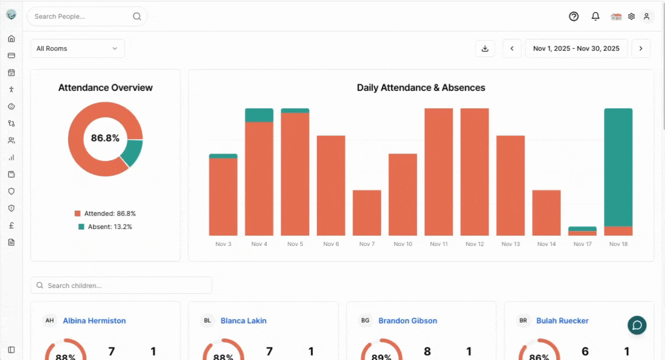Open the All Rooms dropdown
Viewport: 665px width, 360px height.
77,48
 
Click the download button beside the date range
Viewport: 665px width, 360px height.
484,48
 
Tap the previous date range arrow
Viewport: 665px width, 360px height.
512,48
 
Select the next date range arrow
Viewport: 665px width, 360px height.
641,48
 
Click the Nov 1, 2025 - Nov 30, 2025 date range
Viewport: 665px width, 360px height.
576,48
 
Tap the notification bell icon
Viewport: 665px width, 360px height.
595,16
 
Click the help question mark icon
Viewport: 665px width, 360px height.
573,16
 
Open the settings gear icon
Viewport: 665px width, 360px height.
631,16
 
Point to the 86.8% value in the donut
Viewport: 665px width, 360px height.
105,138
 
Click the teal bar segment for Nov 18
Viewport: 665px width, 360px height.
618,167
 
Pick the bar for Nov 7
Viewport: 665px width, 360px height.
367,212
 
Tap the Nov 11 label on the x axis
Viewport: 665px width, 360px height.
438,244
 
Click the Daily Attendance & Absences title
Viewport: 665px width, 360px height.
421,87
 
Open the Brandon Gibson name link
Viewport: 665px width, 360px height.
407,320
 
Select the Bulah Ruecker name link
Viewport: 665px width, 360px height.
562,320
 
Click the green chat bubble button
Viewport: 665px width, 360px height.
637,325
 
